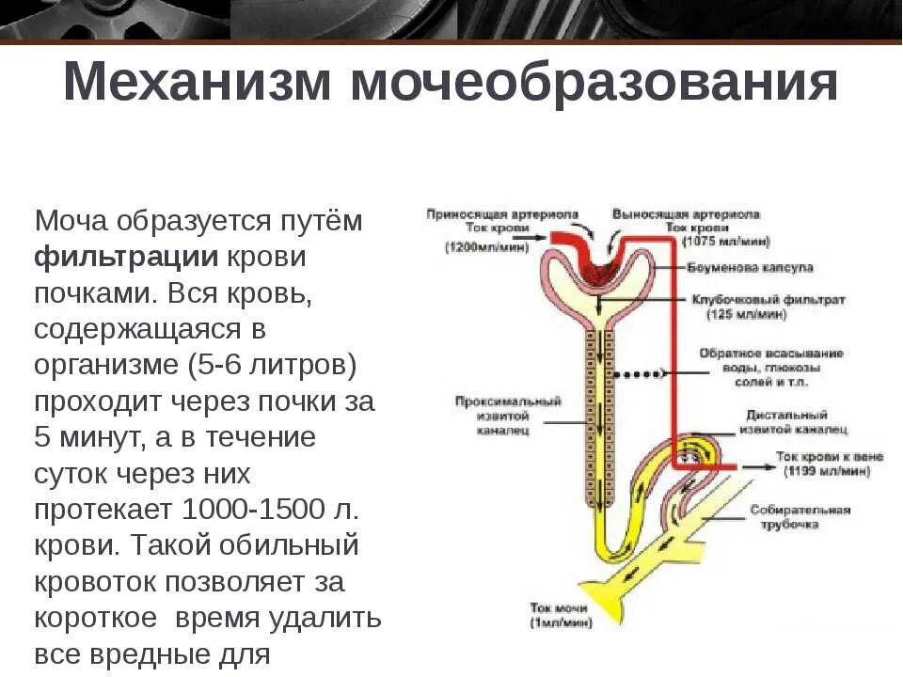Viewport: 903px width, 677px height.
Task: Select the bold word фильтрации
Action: point(127,257)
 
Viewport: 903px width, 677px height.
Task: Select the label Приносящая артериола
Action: point(502,214)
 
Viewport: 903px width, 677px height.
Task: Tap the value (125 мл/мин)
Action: point(747,315)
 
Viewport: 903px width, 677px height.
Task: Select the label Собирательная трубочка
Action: point(800,517)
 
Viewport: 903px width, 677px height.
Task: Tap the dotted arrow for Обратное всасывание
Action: point(640,374)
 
